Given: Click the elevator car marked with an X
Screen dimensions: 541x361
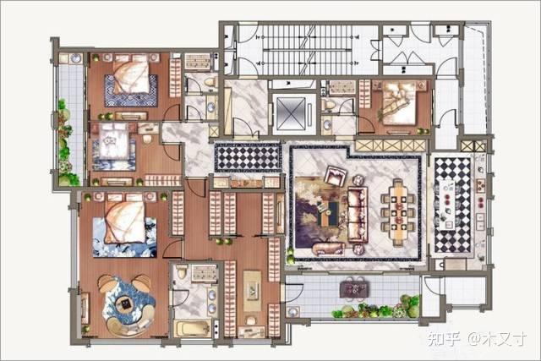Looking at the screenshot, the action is (292, 113).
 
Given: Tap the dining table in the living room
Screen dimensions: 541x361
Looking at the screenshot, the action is (397, 211).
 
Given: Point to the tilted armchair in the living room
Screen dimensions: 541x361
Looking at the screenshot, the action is (336, 176).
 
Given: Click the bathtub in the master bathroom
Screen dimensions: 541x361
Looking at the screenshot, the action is (193, 328).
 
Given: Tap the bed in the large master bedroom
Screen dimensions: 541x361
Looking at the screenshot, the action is (125, 220).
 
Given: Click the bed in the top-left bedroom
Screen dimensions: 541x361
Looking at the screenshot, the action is (132, 75).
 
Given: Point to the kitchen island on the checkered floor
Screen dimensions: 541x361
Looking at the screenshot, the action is (448, 205).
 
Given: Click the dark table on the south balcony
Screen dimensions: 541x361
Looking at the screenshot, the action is (354, 289).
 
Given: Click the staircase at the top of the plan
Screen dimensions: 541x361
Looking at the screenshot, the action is (307, 49).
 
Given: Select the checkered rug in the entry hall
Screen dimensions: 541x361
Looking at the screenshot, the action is (248, 158).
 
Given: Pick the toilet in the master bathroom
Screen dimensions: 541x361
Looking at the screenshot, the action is (182, 271).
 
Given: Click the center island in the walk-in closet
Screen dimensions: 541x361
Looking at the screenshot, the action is (252, 292).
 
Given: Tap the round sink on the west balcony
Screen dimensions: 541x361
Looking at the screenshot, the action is (75, 58).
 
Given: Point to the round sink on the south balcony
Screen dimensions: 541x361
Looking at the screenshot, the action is (292, 312).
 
